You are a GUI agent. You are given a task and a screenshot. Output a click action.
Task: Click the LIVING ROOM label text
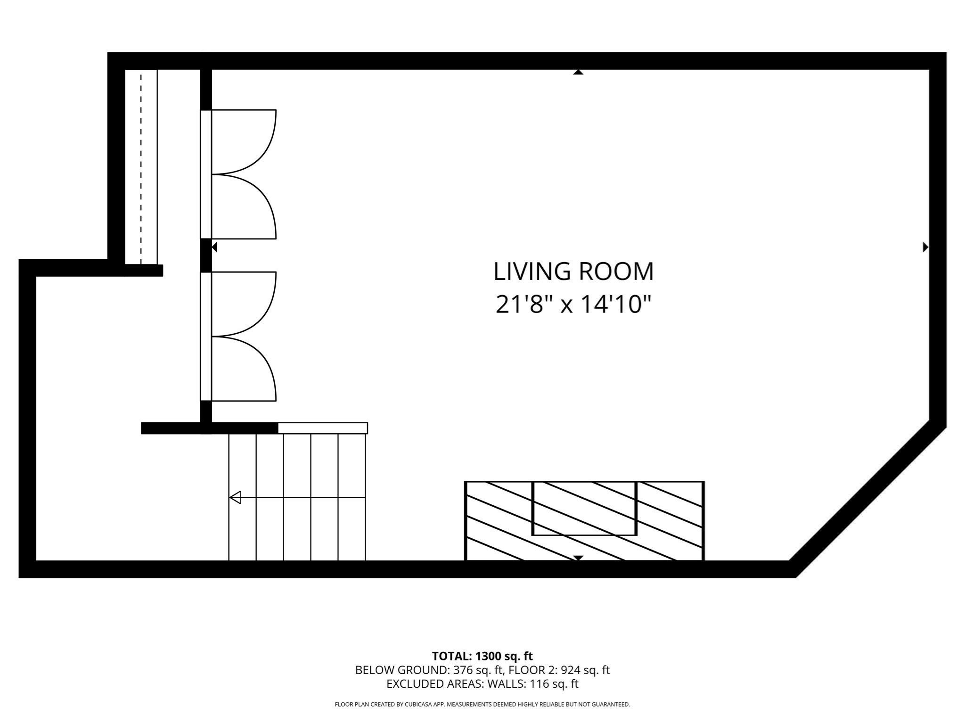point(573,271)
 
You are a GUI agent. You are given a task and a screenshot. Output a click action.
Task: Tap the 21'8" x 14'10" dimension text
point(573,304)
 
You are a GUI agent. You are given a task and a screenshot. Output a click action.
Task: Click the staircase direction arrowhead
point(235,497)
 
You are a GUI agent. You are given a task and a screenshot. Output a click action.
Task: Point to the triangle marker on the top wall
point(578,72)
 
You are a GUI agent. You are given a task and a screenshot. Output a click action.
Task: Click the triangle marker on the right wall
point(925,247)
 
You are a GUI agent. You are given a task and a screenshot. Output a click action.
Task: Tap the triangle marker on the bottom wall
point(578,558)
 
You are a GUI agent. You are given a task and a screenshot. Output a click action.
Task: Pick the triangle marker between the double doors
point(214,247)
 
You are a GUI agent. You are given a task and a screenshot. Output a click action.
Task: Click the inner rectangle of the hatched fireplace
point(584,508)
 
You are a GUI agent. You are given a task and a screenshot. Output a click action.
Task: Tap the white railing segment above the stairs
point(323,428)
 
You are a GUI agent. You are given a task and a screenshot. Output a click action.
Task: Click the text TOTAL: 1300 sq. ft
point(482,656)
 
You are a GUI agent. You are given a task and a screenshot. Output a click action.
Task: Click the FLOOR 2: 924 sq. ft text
point(559,670)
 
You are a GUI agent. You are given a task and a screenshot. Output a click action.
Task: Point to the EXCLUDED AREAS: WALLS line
point(482,684)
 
